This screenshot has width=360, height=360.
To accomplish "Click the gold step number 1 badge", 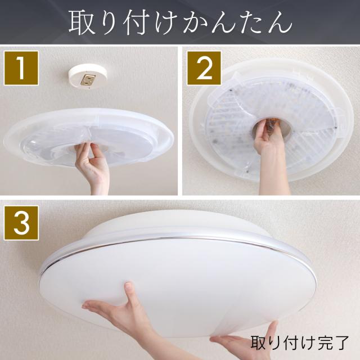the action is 21,68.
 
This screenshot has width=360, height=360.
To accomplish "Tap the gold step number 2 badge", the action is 204,68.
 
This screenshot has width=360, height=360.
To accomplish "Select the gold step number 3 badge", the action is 21,223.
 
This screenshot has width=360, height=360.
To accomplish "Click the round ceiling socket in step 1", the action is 88,76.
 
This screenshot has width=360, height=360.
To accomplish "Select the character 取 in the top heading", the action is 82,22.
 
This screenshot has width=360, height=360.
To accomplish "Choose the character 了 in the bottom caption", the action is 340,343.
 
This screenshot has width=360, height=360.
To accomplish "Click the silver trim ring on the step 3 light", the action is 174,243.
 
